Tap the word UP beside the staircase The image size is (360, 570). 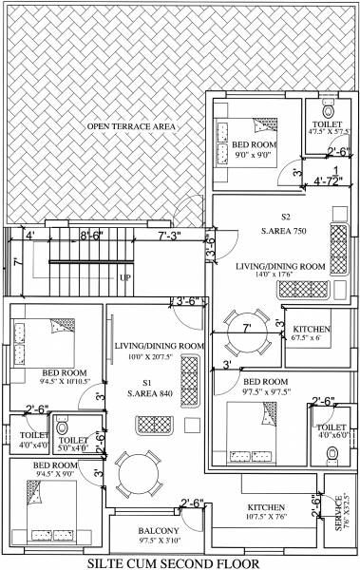pyautogui.click(x=124, y=278)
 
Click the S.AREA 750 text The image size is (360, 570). pyautogui.click(x=285, y=230)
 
